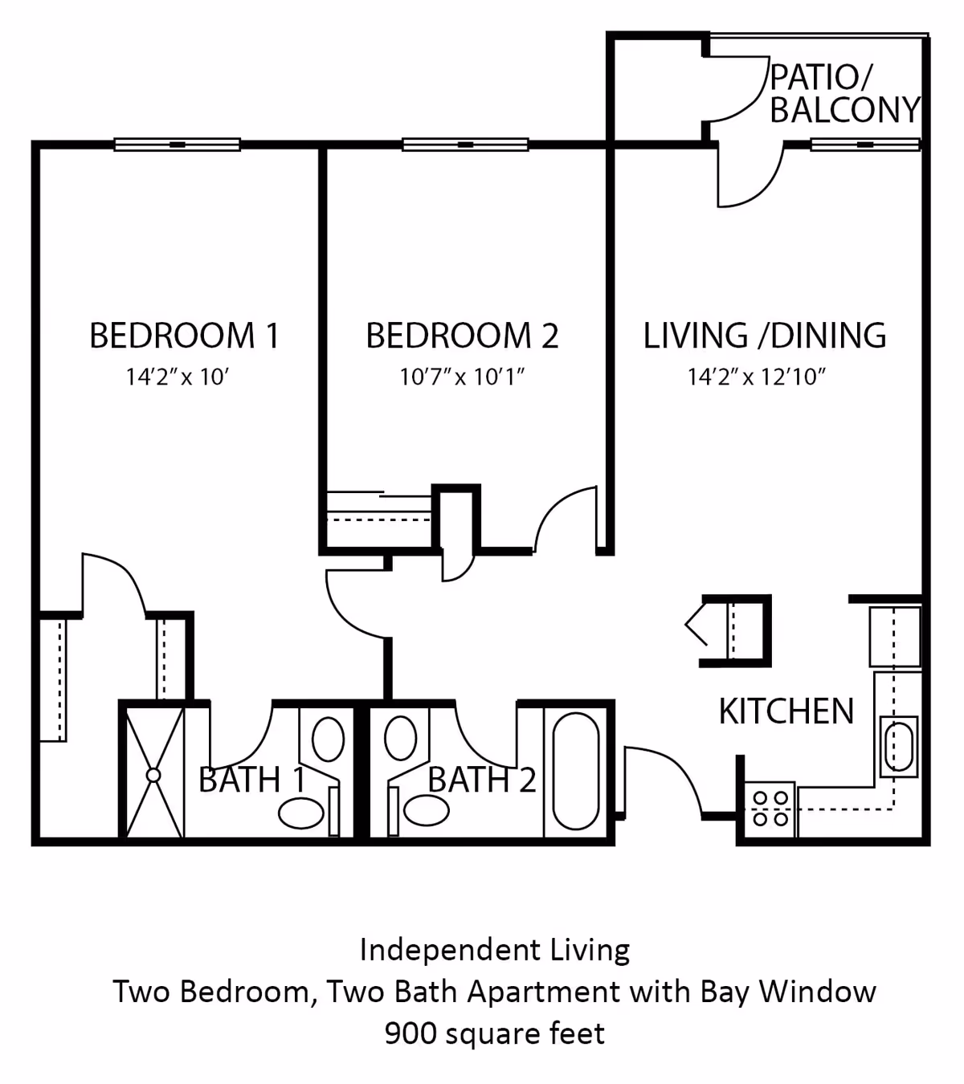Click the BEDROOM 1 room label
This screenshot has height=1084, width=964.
pyautogui.click(x=184, y=336)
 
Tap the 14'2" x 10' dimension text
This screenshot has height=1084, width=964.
pyautogui.click(x=178, y=377)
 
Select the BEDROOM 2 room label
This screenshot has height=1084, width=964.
pyautogui.click(x=462, y=336)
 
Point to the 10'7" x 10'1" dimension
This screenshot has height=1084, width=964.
pyautogui.click(x=462, y=377)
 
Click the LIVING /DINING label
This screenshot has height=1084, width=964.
pyautogui.click(x=765, y=336)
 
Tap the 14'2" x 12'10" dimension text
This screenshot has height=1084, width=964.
pyautogui.click(x=757, y=377)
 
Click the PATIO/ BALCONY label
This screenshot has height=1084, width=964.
pyautogui.click(x=843, y=94)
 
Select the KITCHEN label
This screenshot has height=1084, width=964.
pyautogui.click(x=786, y=711)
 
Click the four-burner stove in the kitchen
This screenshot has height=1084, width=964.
pyautogui.click(x=770, y=809)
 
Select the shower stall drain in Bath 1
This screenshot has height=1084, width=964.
pyautogui.click(x=153, y=775)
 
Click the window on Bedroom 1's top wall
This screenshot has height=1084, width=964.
pyautogui.click(x=178, y=145)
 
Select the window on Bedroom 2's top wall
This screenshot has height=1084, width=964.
pyautogui.click(x=465, y=145)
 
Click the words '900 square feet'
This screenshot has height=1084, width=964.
pyautogui.click(x=494, y=1033)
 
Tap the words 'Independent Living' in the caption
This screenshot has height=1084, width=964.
pyautogui.click(x=494, y=950)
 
